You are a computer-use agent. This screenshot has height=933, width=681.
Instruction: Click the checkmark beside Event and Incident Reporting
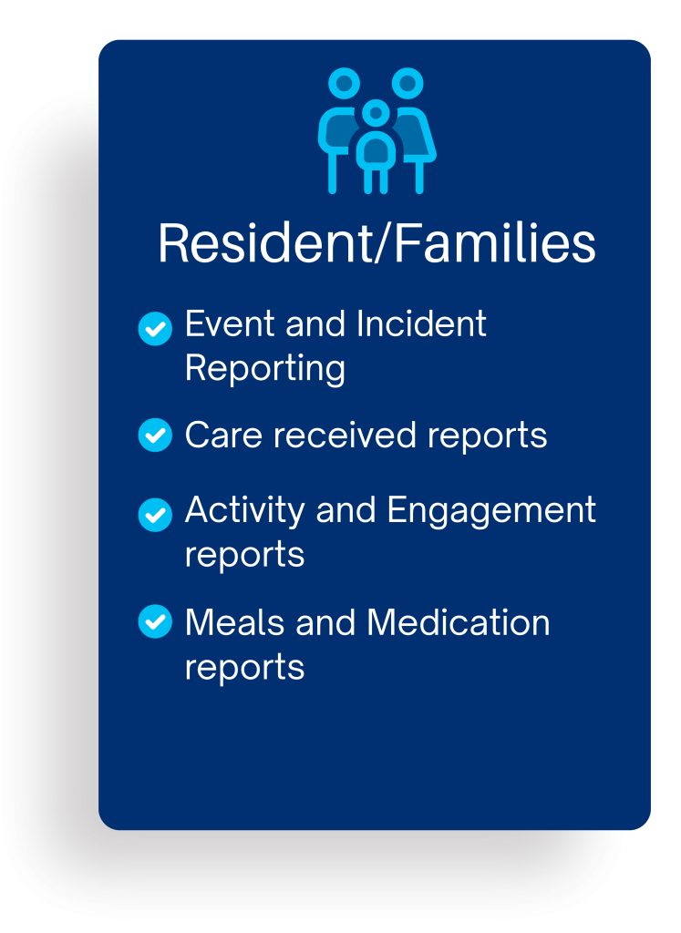(155, 328)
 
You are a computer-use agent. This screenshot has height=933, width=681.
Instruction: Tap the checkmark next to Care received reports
(155, 435)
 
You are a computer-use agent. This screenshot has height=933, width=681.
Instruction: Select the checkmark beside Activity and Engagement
(155, 515)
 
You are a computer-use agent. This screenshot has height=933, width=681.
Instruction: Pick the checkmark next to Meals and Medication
(155, 621)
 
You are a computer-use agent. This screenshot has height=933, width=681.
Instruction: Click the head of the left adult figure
(345, 83)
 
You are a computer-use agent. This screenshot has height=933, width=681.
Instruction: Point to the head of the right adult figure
(408, 83)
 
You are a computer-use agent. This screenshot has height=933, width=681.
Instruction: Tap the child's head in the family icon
(376, 113)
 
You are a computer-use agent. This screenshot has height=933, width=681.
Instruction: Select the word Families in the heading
(495, 243)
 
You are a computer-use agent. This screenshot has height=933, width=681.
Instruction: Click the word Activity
(245, 512)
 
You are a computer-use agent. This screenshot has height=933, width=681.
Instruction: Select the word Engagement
(491, 512)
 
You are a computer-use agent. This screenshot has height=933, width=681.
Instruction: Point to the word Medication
(459, 622)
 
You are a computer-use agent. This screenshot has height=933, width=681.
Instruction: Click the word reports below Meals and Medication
(244, 669)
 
